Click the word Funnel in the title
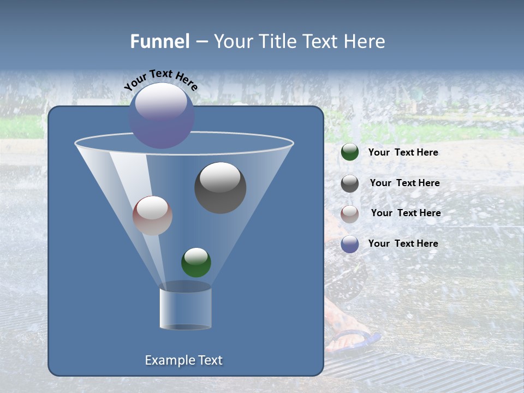coord(159,41)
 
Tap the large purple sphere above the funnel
coord(162,116)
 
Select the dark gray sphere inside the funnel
coord(221,188)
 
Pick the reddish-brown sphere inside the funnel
coord(152,216)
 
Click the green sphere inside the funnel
coord(196,263)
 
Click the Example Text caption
coord(184,360)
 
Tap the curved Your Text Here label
coord(161,80)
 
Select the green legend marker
coord(350,152)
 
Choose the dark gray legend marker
coord(350,183)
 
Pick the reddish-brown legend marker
coord(350,214)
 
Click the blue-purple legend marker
coord(350,244)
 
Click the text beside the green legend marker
coord(403,153)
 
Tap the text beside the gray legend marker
coord(404,183)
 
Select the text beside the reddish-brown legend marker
coord(406,213)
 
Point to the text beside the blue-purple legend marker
coord(403,243)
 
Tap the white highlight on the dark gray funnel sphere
coord(220,177)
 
